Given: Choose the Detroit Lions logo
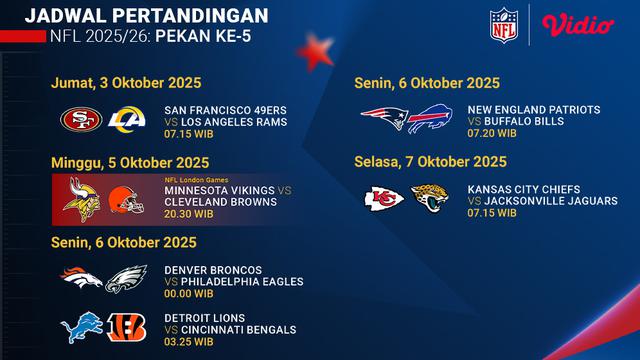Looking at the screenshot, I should click(x=82, y=327).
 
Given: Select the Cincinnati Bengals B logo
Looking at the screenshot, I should click(x=127, y=328).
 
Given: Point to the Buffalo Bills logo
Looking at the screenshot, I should click(x=431, y=120).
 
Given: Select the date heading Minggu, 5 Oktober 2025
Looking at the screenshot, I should click(x=122, y=160).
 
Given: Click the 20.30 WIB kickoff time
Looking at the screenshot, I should click(x=187, y=213).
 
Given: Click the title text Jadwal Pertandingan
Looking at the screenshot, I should click(x=146, y=15).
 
